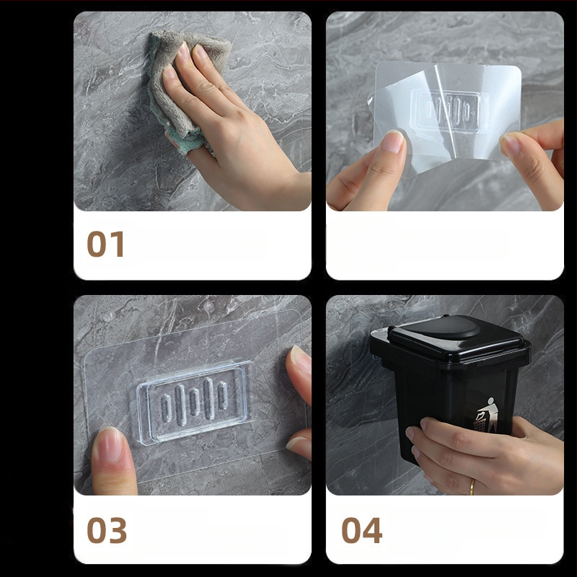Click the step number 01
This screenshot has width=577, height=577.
(x=105, y=244)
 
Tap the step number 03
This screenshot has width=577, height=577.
(x=107, y=530)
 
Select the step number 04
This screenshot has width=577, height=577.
(x=362, y=530)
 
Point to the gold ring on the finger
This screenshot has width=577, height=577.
(x=472, y=486)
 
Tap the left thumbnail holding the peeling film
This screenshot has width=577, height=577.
(x=392, y=141)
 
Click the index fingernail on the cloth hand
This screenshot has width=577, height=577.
(x=183, y=51)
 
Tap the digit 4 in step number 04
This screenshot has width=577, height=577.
(x=372, y=530)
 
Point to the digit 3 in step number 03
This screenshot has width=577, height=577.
(x=118, y=530)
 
